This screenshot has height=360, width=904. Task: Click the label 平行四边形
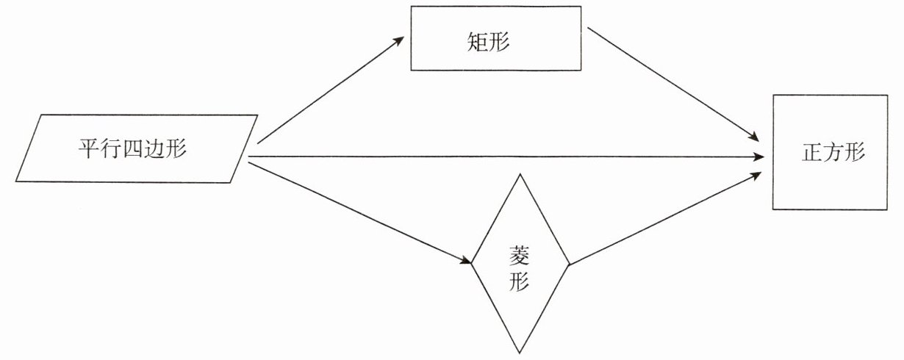pos(132,149)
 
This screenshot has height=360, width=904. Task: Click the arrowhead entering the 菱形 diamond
pos(464,261)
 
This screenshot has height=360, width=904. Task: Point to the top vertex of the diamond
pos(520,174)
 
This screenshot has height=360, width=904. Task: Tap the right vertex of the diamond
pos(570,263)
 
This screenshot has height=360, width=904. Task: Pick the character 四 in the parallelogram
pos(132,149)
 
